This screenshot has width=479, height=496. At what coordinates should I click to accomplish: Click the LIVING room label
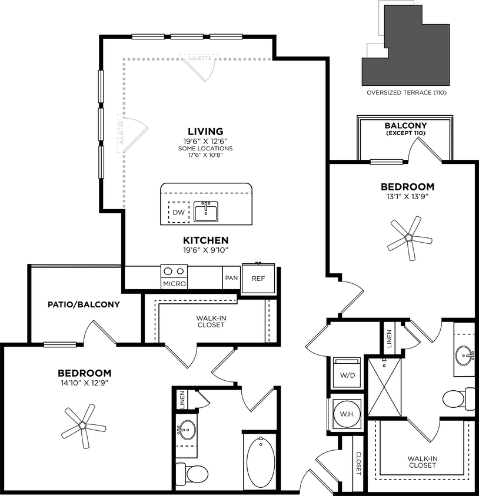coord(205,131)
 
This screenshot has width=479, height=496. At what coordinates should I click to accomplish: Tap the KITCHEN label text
coord(205,240)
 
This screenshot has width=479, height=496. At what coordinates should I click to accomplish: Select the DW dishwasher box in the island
coord(178,212)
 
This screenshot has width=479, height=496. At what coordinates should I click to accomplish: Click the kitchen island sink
coord(205,211)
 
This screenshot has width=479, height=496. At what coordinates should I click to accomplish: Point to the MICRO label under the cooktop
coord(174,284)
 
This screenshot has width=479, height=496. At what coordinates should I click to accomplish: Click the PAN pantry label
coord(231,278)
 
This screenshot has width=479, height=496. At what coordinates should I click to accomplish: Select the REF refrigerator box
coord(258,278)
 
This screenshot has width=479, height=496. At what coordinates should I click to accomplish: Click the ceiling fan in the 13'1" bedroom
coord(408,237)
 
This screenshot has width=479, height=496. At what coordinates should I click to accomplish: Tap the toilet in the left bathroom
coord(189,472)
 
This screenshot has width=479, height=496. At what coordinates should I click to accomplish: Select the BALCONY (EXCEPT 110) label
coord(405,129)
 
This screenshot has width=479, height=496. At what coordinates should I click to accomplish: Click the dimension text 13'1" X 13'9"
coord(406,197)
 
